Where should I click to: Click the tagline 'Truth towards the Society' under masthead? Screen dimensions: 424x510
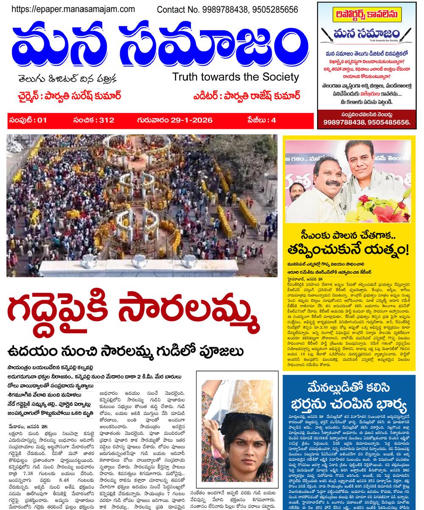[236, 77]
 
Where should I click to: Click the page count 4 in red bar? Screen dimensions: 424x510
[274, 120]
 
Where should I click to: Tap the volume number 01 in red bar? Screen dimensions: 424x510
[42, 120]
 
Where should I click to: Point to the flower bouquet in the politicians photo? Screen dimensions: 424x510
[384, 208]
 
